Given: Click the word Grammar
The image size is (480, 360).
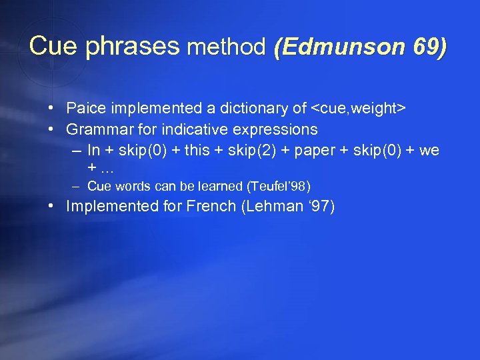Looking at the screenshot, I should pos(95,129).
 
